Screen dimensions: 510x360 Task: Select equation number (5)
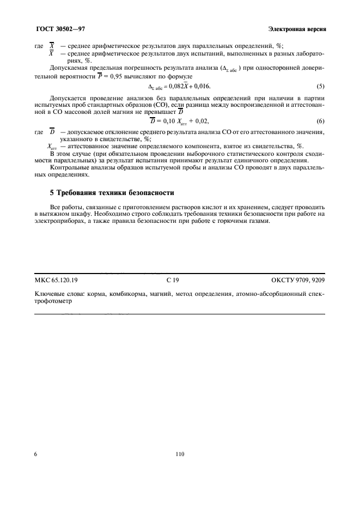coord(321,87)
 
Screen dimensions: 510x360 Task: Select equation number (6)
coord(321,121)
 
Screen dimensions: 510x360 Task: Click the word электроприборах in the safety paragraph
coord(57,222)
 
